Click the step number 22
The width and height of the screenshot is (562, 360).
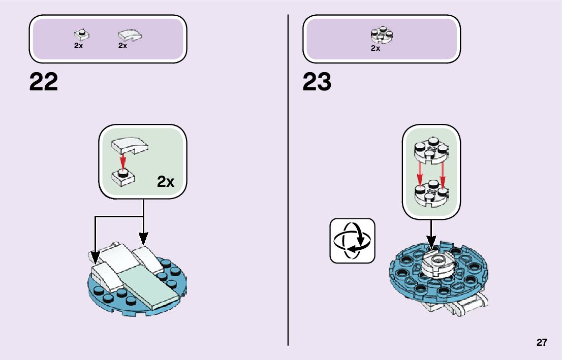click(x=44, y=82)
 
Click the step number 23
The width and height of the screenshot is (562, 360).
click(x=317, y=82)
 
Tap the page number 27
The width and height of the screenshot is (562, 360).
click(x=542, y=342)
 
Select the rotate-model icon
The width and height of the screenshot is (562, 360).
click(x=352, y=241)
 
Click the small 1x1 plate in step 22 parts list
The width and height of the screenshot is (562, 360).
click(x=80, y=35)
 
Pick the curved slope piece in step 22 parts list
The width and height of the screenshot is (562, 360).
click(x=130, y=35)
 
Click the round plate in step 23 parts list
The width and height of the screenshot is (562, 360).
click(x=383, y=35)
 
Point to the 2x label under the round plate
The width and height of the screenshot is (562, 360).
click(x=376, y=48)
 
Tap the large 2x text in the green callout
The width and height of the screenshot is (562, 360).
click(x=166, y=181)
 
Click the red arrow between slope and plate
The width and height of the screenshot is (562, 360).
click(x=122, y=161)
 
